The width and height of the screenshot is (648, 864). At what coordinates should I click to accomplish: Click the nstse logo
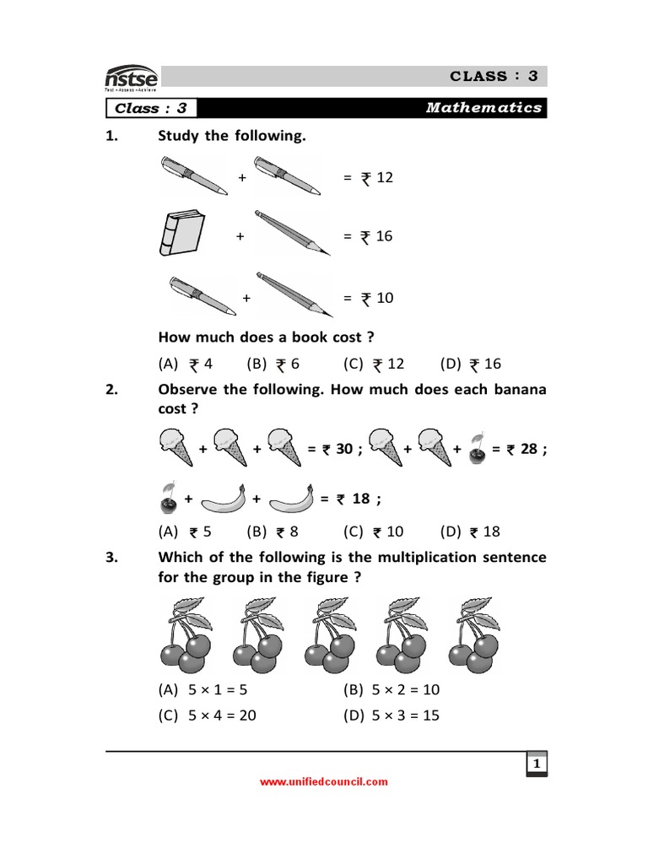130,78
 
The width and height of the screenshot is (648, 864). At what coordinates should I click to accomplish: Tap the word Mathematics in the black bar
483,108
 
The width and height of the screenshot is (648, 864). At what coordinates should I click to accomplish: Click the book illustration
181,234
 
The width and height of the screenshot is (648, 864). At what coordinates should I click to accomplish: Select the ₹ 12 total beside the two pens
376,178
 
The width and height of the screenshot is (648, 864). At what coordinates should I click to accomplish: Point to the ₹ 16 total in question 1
376,236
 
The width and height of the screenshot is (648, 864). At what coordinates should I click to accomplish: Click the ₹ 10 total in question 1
376,298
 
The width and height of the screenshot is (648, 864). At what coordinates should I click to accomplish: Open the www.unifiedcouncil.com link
324,782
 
